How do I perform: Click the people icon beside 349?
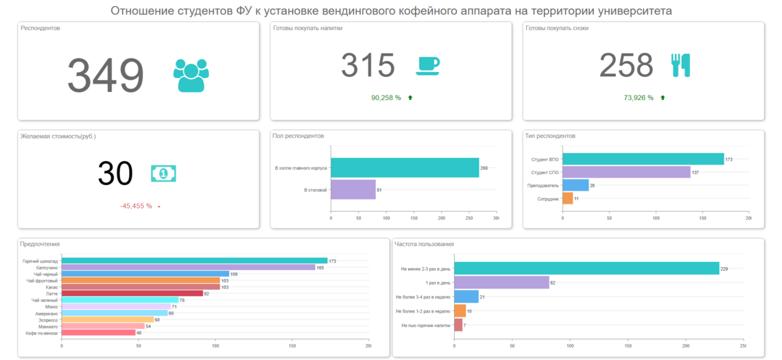[x=191, y=75]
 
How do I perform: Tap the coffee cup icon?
[x=427, y=65]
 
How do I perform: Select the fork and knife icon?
[x=680, y=65]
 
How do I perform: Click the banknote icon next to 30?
[x=163, y=173]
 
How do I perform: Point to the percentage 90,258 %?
[x=386, y=98]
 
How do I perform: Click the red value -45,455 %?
[x=136, y=206]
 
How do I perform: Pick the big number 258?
[x=626, y=66]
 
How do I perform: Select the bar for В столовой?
[x=353, y=189]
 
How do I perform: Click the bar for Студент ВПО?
[x=643, y=159]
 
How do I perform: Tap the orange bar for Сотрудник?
[x=567, y=198]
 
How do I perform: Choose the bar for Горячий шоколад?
[x=194, y=261]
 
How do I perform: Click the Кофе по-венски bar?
[x=98, y=333]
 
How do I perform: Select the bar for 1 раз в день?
[x=501, y=283]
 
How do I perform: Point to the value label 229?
[x=724, y=269]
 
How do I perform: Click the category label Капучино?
[x=48, y=267]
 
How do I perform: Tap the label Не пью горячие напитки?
[x=426, y=325]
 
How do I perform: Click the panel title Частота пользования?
[x=424, y=244]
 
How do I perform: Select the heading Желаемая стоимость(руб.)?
[x=58, y=136]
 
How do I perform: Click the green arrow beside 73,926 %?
[x=663, y=98]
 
